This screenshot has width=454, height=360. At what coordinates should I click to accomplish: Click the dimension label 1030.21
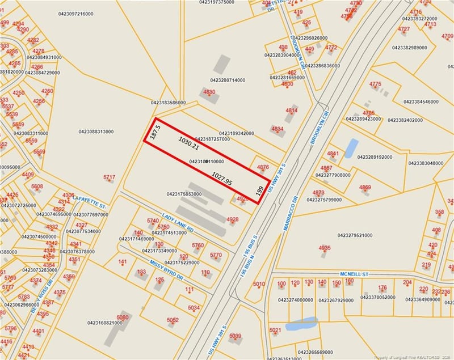pyautogui.click(x=188, y=142)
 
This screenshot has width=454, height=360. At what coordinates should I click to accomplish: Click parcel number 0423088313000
pyautogui.click(x=96, y=132)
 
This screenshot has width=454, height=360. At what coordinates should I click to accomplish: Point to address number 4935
pyautogui.click(x=325, y=248)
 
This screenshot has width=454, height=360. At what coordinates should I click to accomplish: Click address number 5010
pyautogui.click(x=259, y=284)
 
